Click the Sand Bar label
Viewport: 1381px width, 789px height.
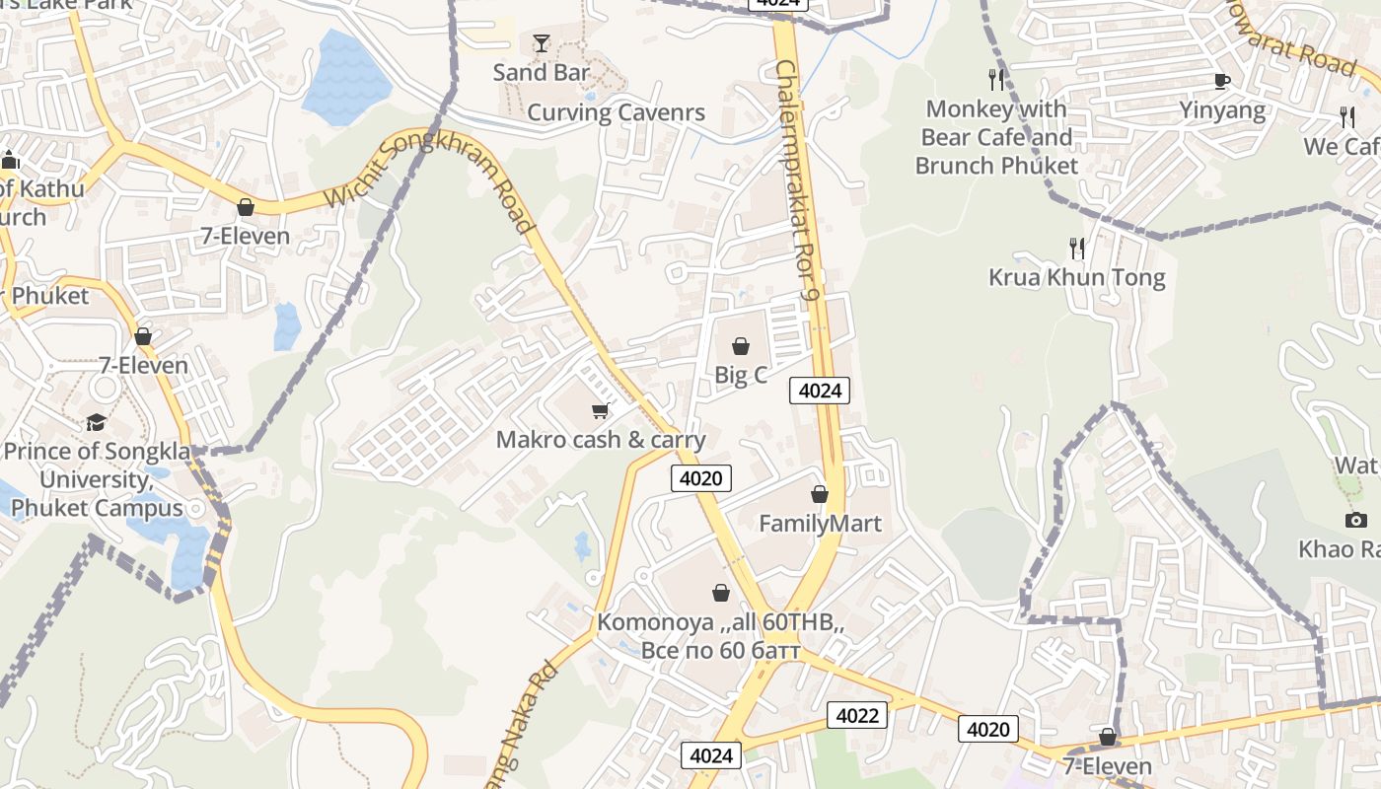coord(541,72)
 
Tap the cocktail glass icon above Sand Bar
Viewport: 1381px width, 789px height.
coord(541,42)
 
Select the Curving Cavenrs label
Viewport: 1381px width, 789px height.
coord(616,112)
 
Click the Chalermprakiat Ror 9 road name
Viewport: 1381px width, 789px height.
coord(799,178)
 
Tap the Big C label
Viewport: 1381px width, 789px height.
coord(741,375)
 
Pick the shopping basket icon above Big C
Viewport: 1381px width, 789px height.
coord(741,346)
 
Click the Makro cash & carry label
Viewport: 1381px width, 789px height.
coord(601,440)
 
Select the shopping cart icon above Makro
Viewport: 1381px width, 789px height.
coord(600,410)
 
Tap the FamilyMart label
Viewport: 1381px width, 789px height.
coord(820,524)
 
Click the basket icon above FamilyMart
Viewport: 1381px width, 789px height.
coord(820,494)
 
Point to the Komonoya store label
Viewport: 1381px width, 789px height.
coord(720,637)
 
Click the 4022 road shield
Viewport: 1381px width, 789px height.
coord(856,715)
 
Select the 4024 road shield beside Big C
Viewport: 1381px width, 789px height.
coord(820,391)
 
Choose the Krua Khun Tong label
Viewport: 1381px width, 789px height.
coord(1076,278)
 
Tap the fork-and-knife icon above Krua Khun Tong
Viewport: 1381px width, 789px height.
coord(1076,248)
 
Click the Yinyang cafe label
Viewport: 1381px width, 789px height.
coord(1222,110)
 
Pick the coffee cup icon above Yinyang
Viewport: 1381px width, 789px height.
coord(1222,81)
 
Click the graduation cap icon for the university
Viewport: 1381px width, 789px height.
coord(96,422)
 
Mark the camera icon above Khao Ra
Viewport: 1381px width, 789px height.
coord(1356,520)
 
